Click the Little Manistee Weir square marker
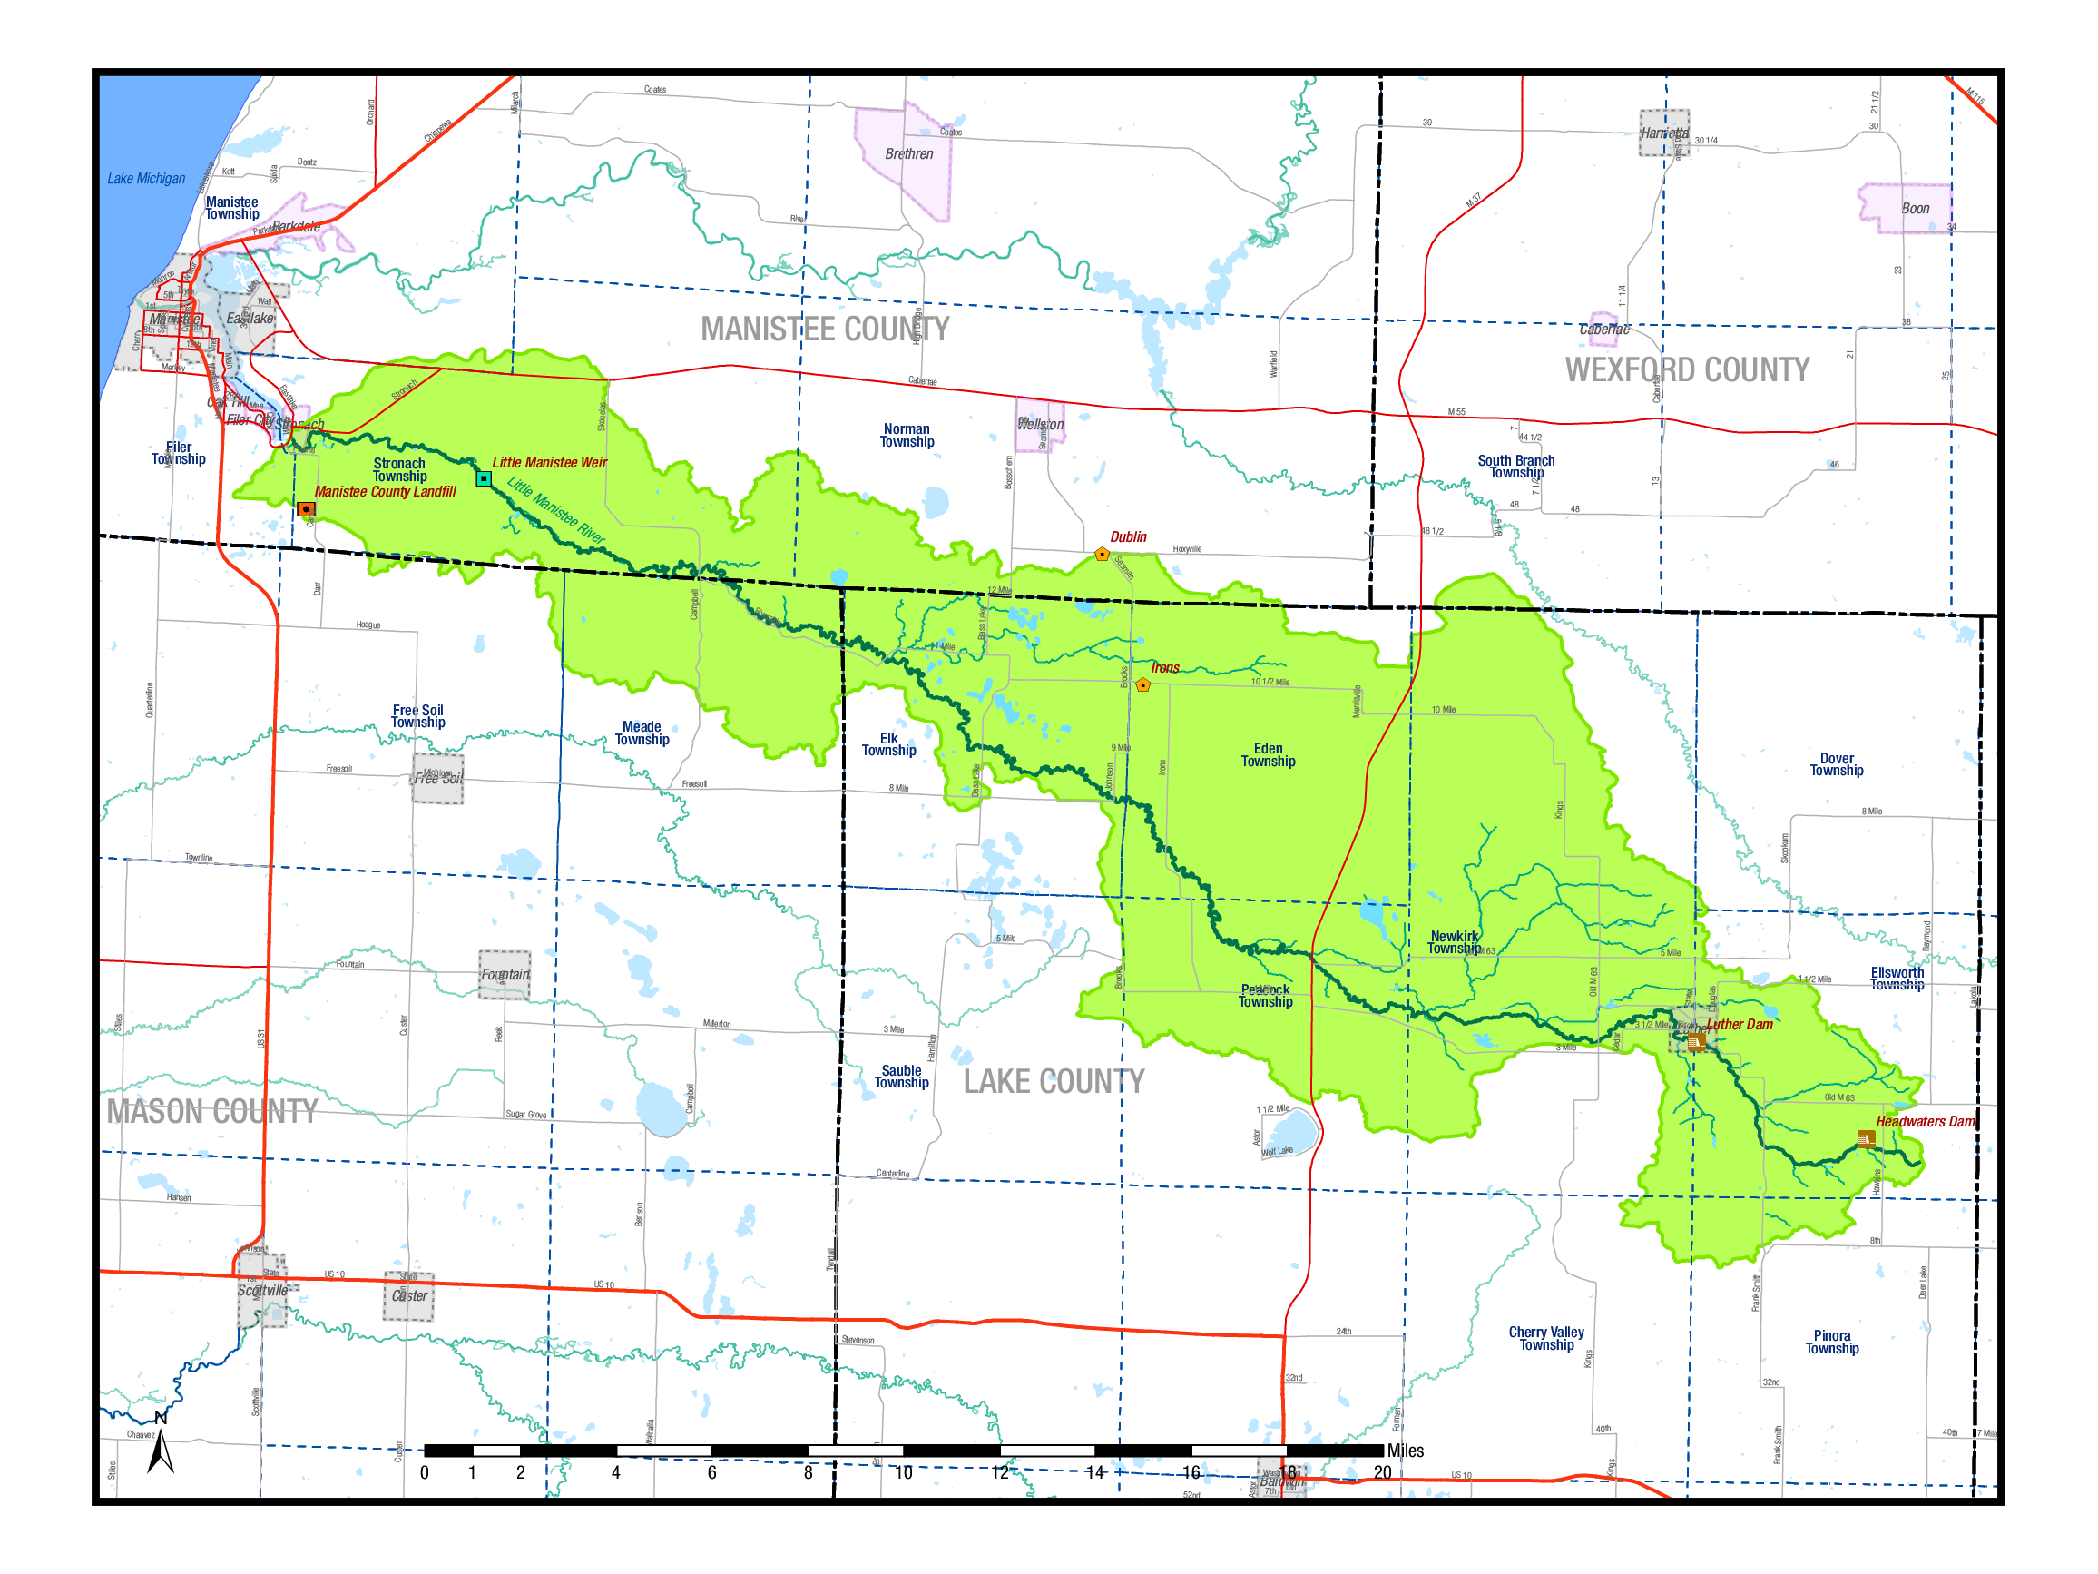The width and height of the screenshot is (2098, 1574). click(x=484, y=479)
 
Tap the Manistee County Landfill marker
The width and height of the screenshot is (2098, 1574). click(x=306, y=509)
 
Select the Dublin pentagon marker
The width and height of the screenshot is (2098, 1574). click(x=1101, y=554)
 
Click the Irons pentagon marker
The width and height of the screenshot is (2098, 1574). click(x=1142, y=685)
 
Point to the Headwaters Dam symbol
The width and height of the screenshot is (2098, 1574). click(x=1866, y=1138)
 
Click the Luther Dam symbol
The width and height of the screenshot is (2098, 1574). click(x=1696, y=1042)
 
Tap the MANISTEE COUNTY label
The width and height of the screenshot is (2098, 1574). click(x=824, y=330)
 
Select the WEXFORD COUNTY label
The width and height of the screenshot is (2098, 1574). click(x=1686, y=370)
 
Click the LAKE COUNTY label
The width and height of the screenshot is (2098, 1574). click(x=1054, y=1082)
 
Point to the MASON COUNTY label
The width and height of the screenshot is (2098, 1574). click(x=211, y=1111)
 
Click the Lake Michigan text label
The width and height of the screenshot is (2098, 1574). click(x=146, y=178)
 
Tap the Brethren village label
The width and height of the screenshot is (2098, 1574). click(x=908, y=153)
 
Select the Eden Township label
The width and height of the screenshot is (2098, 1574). click(x=1268, y=755)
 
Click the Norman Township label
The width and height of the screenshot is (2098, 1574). click(x=907, y=436)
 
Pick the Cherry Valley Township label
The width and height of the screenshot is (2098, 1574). click(x=1546, y=1339)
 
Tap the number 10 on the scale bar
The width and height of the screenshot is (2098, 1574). click(x=903, y=1472)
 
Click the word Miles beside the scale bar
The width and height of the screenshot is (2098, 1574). click(x=1405, y=1451)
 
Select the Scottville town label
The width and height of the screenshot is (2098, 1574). click(x=263, y=1290)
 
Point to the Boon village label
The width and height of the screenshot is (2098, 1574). click(x=1915, y=209)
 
